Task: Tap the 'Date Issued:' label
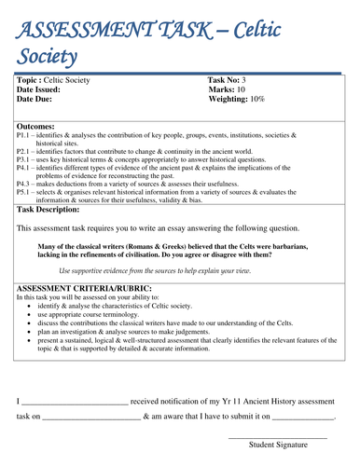pyautogui.click(x=42, y=89)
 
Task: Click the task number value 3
pyautogui.click(x=245, y=81)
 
